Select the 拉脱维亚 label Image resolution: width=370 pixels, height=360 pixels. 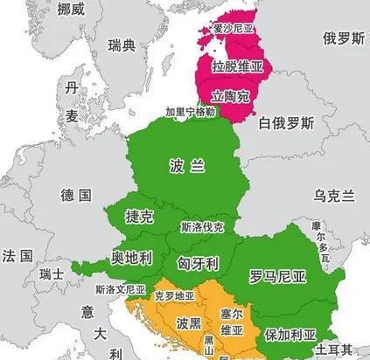pos(237,66)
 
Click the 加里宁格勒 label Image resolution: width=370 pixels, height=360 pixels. pos(190,112)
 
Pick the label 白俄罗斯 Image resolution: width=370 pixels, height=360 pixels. pos(285,123)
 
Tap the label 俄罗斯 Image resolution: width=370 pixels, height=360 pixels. pos(341,38)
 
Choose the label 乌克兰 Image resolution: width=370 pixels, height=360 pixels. pos(336,194)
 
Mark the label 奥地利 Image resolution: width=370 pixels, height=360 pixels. pos(131,258)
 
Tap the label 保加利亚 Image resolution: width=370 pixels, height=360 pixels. pos(286,334)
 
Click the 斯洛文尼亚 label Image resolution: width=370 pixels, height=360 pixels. pos(121,287)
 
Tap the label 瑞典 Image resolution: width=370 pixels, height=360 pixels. pos(122,45)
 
